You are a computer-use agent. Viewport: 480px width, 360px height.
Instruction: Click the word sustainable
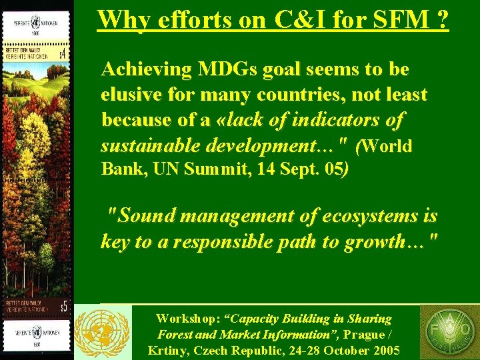150,146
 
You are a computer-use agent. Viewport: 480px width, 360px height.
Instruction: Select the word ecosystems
373,216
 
